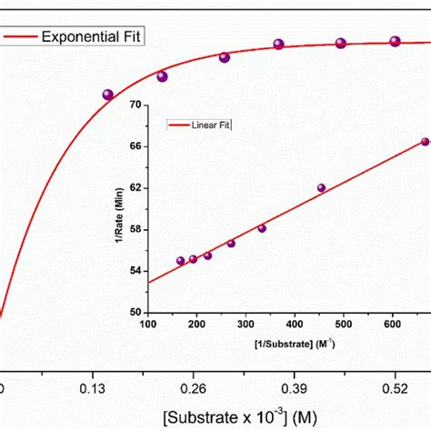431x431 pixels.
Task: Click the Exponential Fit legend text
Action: tap(94, 37)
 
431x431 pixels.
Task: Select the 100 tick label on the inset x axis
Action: tap(145, 324)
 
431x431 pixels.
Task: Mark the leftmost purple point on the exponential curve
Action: tap(108, 95)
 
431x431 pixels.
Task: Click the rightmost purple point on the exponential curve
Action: tap(396, 41)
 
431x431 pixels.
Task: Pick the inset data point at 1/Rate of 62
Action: tap(321, 188)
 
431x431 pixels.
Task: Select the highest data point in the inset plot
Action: tap(425, 142)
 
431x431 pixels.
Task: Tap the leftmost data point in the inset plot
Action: tap(180, 261)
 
